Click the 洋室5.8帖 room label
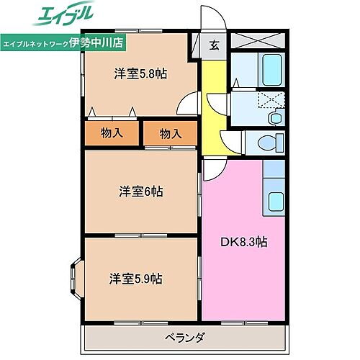[x=140, y=73]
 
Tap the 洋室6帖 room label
[x=140, y=192]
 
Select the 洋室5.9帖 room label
[x=135, y=278]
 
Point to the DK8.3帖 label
[x=243, y=242]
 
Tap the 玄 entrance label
[x=214, y=45]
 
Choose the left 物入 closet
[x=112, y=132]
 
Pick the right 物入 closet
[x=170, y=133]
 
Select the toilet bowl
[x=274, y=141]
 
